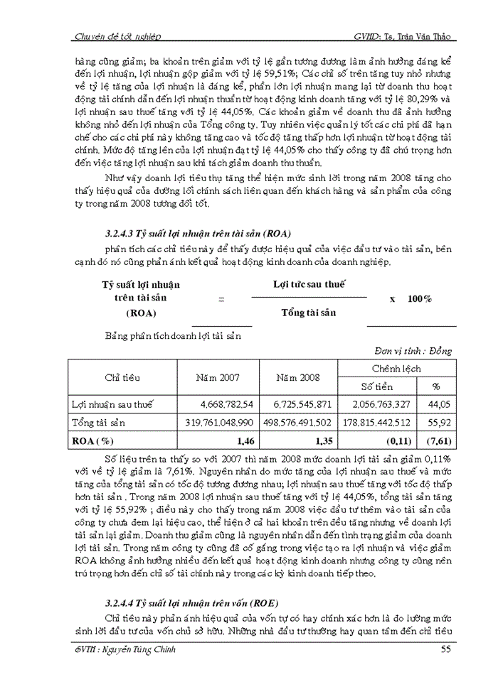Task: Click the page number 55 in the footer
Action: point(445,650)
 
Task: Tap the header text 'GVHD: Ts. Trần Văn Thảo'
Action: point(403,36)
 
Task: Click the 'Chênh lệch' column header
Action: point(396,369)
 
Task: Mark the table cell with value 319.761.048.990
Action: point(218,422)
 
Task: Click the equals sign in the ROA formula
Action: point(221,299)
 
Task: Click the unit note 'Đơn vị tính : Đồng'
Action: point(413,350)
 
